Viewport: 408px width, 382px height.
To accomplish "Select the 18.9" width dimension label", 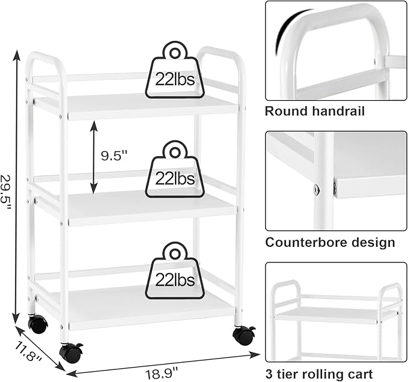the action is pyautogui.click(x=162, y=374).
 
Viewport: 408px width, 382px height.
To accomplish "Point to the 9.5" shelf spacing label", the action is pyautogui.click(x=114, y=156).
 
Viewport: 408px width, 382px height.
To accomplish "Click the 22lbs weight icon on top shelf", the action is pyautogui.click(x=175, y=70).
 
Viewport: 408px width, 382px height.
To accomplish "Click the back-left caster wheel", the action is pyautogui.click(x=38, y=324).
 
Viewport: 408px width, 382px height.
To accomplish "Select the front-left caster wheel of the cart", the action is pyautogui.click(x=70, y=353).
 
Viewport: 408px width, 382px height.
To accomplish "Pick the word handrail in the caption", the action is pyautogui.click(x=338, y=111).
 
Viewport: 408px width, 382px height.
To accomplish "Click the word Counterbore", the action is pyautogui.click(x=307, y=243).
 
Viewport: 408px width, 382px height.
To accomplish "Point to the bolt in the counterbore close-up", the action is pyautogui.click(x=317, y=189).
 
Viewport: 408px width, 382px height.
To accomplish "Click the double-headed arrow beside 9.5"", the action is pyautogui.click(x=94, y=157).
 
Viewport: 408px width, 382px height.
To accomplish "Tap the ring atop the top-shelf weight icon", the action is pyautogui.click(x=175, y=53).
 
